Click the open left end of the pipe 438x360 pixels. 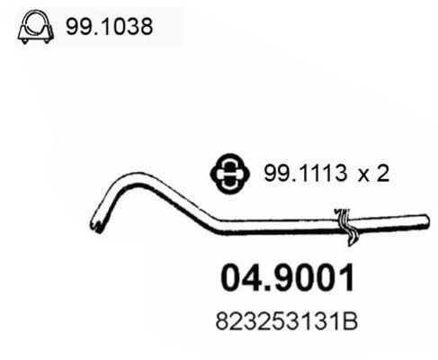[94, 218]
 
